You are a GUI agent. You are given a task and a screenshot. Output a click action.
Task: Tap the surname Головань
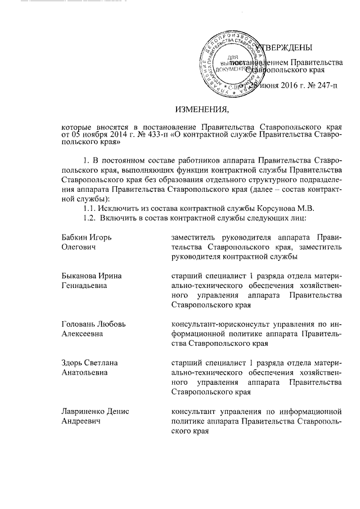coord(80,325)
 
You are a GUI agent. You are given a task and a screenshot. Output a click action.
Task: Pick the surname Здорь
coord(73,363)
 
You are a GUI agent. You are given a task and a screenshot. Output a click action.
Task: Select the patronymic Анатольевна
coord(84,372)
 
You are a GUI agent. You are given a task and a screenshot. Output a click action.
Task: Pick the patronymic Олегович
coord(78,247)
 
